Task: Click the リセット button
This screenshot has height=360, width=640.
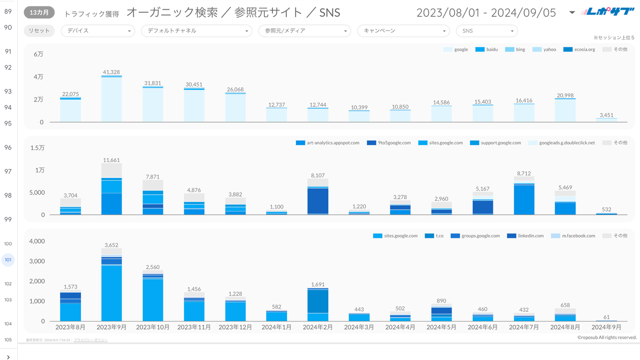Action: tap(39, 31)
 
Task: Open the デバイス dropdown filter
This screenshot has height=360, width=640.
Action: tap(97, 31)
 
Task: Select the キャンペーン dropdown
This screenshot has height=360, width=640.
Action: tap(403, 31)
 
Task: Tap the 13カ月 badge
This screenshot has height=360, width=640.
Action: tap(39, 13)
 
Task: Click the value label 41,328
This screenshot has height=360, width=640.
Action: tap(111, 72)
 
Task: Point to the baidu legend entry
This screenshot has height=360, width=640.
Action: tap(486, 50)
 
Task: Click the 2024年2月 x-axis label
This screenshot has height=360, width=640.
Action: tap(318, 327)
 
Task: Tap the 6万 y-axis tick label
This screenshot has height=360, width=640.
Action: tap(39, 54)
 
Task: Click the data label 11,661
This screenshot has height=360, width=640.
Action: tap(111, 160)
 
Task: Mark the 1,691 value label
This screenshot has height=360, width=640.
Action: tap(318, 285)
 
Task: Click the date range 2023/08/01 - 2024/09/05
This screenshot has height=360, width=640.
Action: tap(486, 13)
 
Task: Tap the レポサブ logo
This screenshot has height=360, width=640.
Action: tap(608, 12)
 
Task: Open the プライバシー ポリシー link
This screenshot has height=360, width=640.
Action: tap(90, 340)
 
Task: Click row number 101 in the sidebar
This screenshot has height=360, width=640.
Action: tap(8, 260)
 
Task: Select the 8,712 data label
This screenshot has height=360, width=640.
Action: tap(524, 174)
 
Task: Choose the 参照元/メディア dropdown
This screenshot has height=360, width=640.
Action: tap(304, 31)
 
